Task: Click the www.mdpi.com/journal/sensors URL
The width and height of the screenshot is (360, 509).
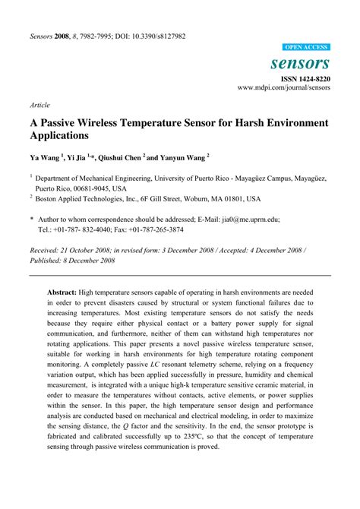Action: pyautogui.click(x=285, y=88)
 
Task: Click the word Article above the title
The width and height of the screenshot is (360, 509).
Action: pyautogui.click(x=39, y=106)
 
